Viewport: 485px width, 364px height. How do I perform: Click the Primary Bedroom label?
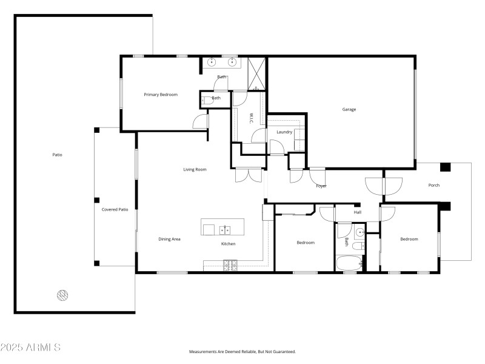(x=161, y=95)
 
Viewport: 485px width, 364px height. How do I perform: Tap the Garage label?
(x=349, y=110)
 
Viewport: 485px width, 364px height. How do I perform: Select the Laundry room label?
(x=284, y=132)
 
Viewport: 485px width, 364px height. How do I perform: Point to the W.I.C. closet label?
(x=251, y=118)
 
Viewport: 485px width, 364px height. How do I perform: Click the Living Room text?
(x=195, y=169)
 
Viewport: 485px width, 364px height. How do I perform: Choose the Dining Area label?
(x=169, y=239)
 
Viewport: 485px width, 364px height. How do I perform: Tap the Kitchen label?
(x=228, y=244)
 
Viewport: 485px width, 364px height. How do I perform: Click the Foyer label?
(x=321, y=186)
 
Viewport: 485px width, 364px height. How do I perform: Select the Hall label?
(x=358, y=212)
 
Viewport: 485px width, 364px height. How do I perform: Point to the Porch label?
(x=434, y=185)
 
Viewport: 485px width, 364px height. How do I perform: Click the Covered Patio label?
(x=115, y=209)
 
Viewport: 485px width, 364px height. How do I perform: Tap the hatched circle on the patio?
(x=62, y=295)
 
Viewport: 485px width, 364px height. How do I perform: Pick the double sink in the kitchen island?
(x=225, y=229)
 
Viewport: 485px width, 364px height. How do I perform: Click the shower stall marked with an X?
(x=256, y=75)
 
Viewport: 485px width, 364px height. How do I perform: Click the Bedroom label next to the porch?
(x=409, y=239)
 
